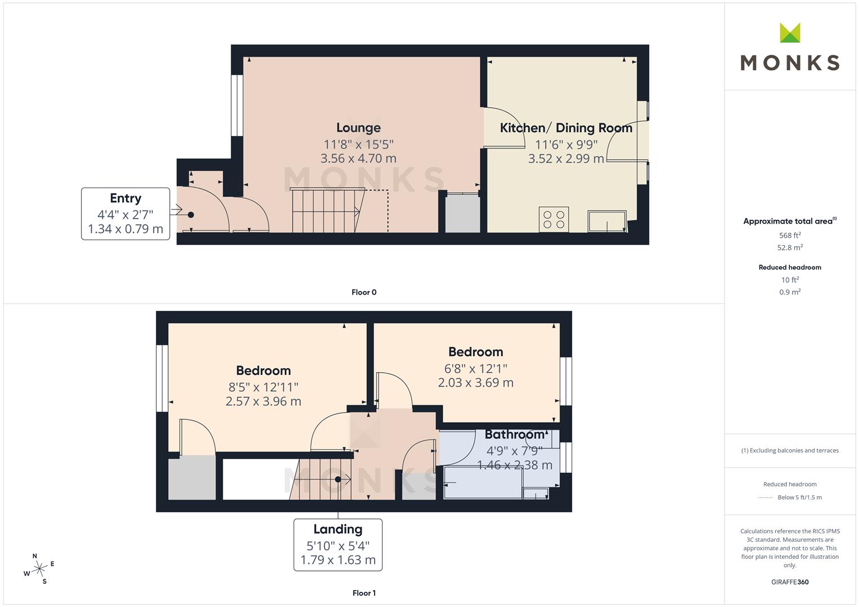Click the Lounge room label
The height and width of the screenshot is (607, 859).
pos(358,128)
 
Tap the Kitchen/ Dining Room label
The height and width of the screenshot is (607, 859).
pos(566,128)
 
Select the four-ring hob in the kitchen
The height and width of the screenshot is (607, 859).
pos(554,220)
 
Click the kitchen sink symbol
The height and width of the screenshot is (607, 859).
pos(607,221)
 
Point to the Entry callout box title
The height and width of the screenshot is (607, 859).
pos(125,198)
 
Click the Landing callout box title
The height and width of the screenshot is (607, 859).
pos(338,529)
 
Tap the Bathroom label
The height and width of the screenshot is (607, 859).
pos(515,434)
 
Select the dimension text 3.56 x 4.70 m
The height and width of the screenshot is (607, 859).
pos(358,158)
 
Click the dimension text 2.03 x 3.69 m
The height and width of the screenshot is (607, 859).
pos(475,382)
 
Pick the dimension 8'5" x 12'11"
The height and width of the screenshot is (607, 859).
pos(263,387)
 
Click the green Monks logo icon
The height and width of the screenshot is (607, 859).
pos(790,33)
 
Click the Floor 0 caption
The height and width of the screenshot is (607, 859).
pos(364,292)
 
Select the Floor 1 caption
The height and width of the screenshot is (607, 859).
pos(364,593)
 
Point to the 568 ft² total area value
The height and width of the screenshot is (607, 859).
pos(790,235)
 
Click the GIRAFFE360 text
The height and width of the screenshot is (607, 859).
pos(790,582)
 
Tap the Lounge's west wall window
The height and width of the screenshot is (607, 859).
pos(237,106)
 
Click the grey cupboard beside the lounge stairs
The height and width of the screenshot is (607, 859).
pos(462,213)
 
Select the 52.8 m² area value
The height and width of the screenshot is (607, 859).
pos(790,247)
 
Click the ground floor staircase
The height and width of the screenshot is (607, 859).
pos(328,210)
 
